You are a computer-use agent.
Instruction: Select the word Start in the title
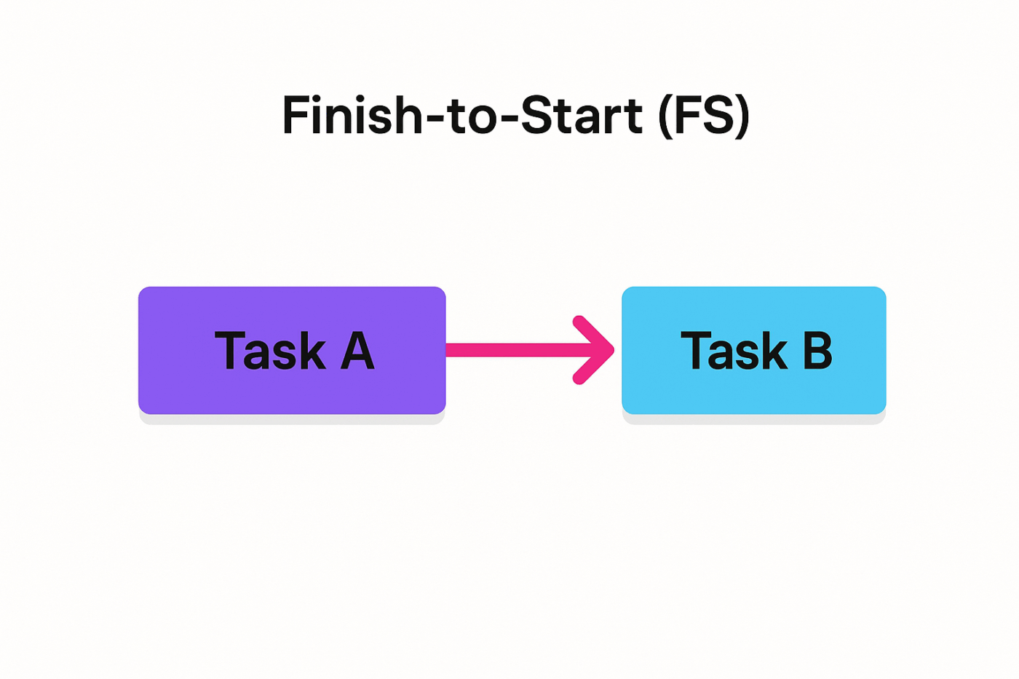tap(582, 115)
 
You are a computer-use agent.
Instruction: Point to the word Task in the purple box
tap(270, 351)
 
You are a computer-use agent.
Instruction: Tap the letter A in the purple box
tap(357, 351)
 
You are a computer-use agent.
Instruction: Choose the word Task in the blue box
tap(734, 351)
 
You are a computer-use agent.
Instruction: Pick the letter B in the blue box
tap(817, 351)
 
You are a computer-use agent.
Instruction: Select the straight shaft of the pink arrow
tap(509, 350)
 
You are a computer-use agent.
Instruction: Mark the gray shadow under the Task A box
tap(291, 419)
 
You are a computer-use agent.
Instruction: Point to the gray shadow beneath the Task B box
tap(753, 419)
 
